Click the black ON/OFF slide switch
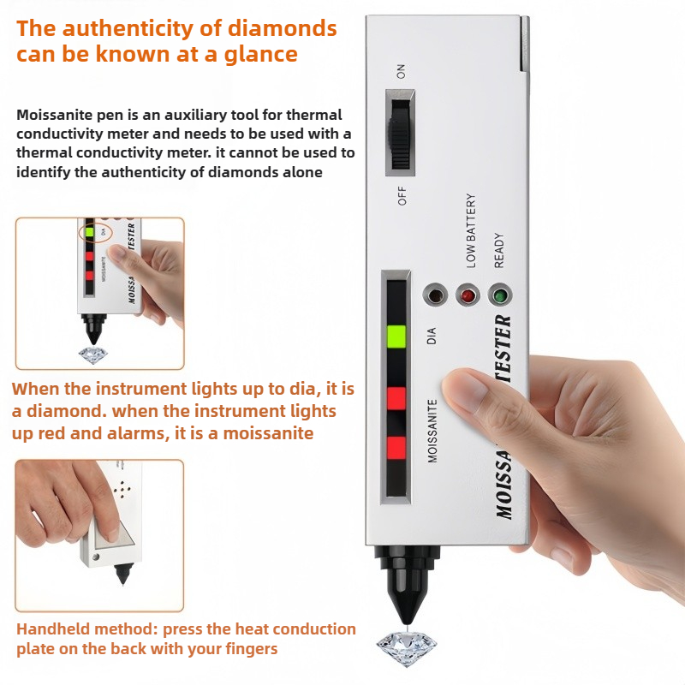[400, 134]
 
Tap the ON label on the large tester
[401, 71]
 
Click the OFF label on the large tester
[402, 196]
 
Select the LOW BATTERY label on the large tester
[470, 230]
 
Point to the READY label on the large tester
[498, 250]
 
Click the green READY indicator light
[500, 295]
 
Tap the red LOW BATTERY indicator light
[468, 295]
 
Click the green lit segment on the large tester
[396, 337]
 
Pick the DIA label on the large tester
[432, 336]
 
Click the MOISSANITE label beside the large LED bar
[432, 431]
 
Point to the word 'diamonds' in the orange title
[283, 28]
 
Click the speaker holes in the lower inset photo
[122, 490]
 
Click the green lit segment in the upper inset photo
[90, 232]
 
